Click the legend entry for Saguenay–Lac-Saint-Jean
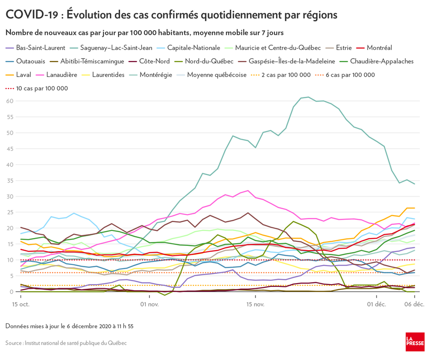[x=116, y=48]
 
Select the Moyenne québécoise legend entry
[x=216, y=75]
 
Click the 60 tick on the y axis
[x=10, y=101]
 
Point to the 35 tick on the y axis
[x=10, y=181]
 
